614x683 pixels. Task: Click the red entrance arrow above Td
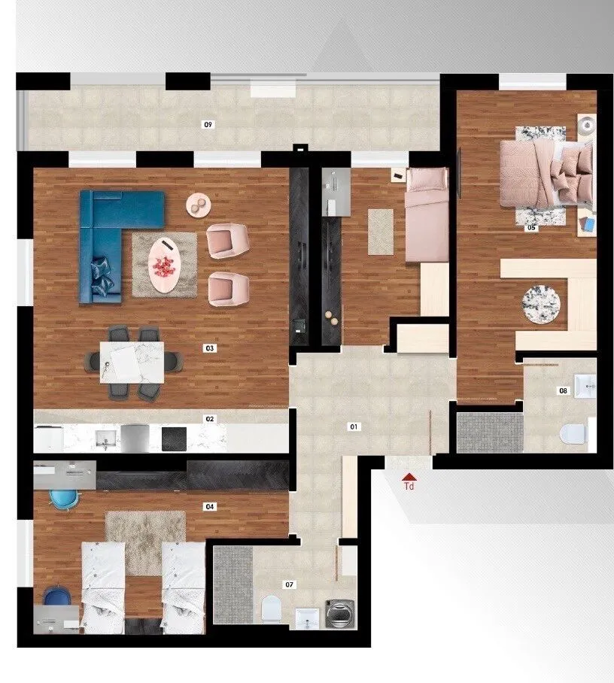pos(409,476)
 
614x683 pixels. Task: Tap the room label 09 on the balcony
pos(208,124)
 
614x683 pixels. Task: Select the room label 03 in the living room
pos(210,348)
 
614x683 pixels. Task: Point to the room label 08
pos(563,390)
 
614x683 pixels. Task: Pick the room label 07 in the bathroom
pos(290,584)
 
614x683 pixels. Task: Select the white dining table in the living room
pos(132,362)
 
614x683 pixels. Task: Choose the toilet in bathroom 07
pos(271,608)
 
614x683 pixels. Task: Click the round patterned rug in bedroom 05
pos(541,304)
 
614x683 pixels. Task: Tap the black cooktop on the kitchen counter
pos(175,438)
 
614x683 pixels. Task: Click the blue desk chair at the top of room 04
pos(58,497)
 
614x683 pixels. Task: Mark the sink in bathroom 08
pos(585,386)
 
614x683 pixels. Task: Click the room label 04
pos(210,506)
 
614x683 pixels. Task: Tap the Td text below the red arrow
pos(409,487)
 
